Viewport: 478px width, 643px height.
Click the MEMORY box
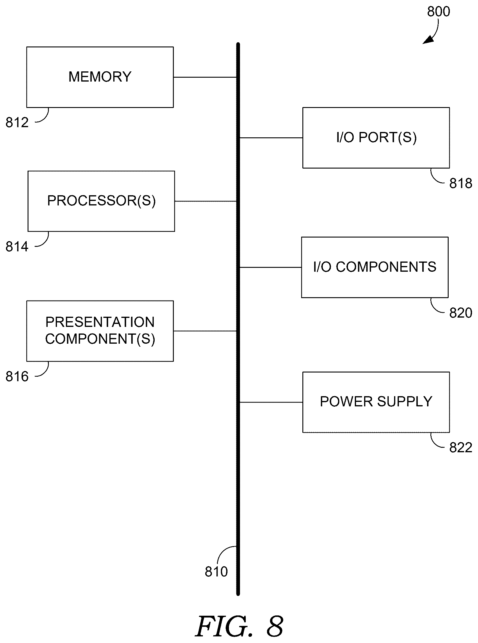(100, 77)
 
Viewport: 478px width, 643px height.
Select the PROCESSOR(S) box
(101, 201)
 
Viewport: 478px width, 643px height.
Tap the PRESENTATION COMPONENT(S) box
(100, 331)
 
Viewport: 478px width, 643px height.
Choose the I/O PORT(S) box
(376, 138)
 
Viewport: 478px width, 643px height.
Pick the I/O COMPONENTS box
(375, 267)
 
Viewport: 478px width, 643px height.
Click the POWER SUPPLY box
(376, 402)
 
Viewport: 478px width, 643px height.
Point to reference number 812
(17, 123)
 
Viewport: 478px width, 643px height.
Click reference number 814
(17, 247)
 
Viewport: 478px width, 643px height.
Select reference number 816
(17, 377)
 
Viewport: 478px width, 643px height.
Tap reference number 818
(461, 183)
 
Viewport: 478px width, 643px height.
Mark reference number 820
(461, 313)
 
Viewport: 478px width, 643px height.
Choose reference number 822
(461, 448)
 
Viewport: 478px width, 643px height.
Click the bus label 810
(216, 572)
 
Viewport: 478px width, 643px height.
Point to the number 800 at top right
(438, 12)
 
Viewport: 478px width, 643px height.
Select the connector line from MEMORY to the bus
(205, 77)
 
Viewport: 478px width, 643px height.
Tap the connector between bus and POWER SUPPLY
(271, 402)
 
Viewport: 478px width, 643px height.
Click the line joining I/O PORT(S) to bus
(271, 138)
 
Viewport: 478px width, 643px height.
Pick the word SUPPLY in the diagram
(405, 402)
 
